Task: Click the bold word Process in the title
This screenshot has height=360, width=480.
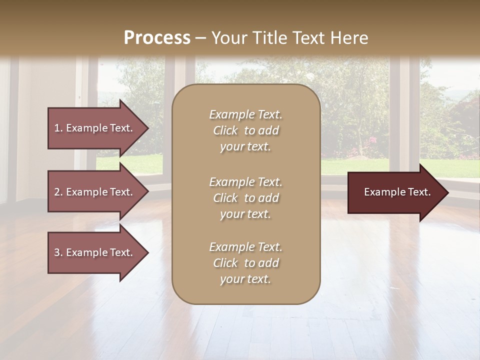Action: point(157,38)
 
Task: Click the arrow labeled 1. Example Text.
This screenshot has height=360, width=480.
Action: point(95,128)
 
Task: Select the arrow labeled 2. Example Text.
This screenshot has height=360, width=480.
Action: point(95,192)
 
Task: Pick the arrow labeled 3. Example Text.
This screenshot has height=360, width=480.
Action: point(95,252)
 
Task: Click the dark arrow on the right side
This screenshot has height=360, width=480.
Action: point(395,192)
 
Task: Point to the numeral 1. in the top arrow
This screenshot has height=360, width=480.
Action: point(58,128)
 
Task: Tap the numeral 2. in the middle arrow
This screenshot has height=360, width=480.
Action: point(58,192)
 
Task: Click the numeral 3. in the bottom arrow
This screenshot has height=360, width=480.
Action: point(58,252)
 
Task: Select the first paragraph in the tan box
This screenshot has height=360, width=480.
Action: point(245,130)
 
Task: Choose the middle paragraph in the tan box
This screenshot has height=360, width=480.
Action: point(245,198)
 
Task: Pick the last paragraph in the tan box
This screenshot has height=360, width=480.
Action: point(245,263)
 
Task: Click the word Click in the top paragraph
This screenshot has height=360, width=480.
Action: point(225,131)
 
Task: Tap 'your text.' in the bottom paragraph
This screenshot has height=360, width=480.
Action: point(245,279)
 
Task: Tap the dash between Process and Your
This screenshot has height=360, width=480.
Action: point(201,38)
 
